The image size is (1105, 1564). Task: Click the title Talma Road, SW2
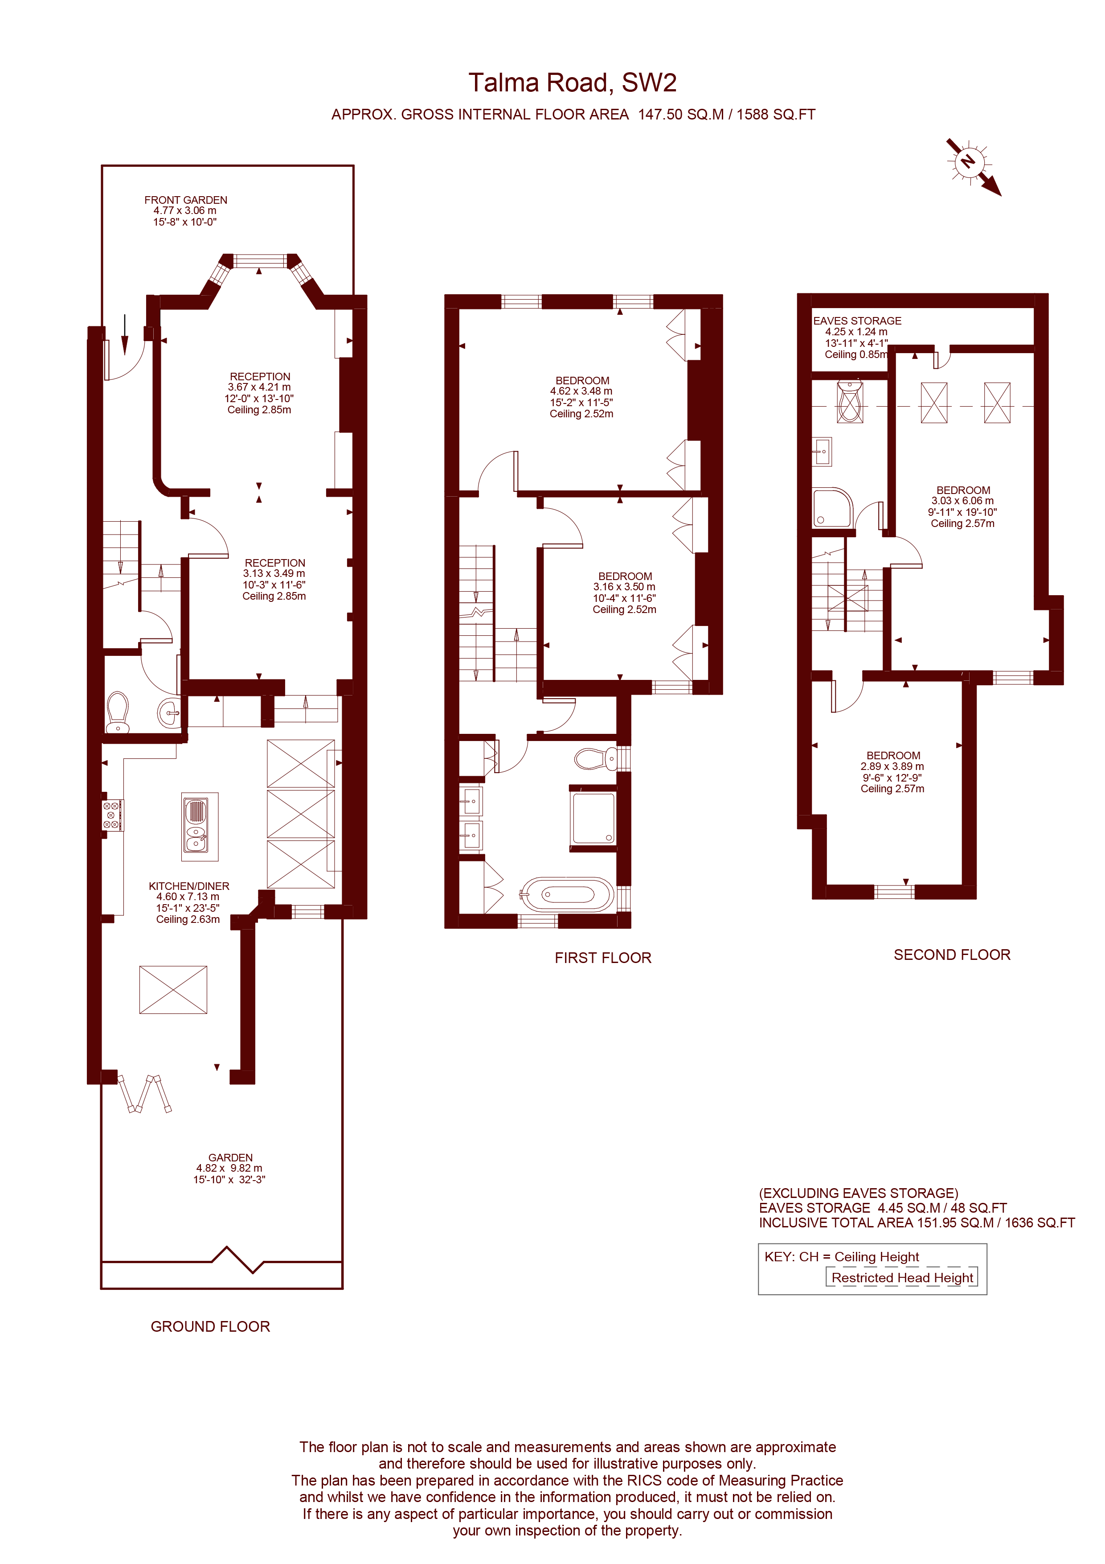(572, 83)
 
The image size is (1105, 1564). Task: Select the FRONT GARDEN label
(185, 200)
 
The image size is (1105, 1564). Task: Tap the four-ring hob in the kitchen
(112, 815)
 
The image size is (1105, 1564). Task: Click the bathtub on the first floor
(567, 894)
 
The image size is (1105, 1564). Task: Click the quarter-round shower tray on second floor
(832, 507)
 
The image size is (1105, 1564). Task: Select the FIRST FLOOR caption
(602, 958)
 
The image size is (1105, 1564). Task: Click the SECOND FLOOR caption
(951, 955)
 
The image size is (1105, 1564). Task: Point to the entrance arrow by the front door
(125, 334)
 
